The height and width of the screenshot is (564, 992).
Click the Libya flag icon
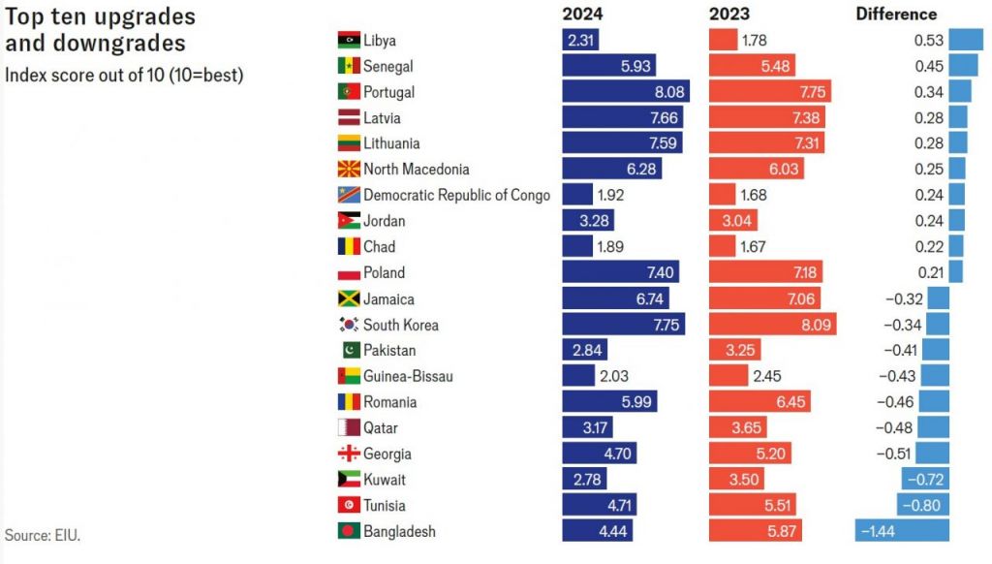tap(349, 41)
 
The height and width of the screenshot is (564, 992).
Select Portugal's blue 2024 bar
tap(626, 92)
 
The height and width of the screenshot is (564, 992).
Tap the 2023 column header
tap(728, 15)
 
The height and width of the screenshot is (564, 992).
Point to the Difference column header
tap(896, 15)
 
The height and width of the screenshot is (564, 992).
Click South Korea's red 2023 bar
tap(772, 325)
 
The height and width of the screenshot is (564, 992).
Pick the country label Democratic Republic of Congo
tap(456, 195)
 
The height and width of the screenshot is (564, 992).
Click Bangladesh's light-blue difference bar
tap(902, 531)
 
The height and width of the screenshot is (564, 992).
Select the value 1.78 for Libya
tap(755, 41)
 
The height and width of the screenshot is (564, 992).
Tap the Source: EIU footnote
tap(42, 535)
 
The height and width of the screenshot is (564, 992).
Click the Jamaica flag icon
tap(349, 298)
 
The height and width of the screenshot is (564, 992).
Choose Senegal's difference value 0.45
tap(929, 66)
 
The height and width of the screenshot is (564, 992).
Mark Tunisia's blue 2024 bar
tap(599, 505)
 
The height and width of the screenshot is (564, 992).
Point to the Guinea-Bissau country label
tap(408, 376)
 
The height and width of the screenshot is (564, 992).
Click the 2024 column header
tap(582, 15)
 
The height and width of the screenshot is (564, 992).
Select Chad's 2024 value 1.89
tap(610, 247)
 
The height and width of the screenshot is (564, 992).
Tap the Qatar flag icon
tap(349, 427)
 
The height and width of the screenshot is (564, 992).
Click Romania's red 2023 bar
tap(759, 402)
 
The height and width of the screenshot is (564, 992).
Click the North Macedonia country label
tap(416, 170)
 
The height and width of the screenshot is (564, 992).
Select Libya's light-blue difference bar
tap(966, 41)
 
